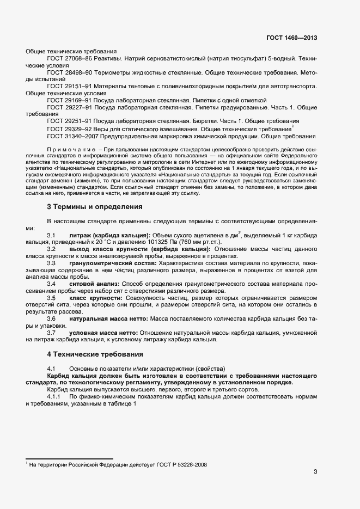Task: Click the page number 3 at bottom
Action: [x=315, y=471]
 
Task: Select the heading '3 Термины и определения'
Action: [x=95, y=207]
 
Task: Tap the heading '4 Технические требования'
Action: [x=98, y=354]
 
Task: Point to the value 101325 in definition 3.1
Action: [x=167, y=241]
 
